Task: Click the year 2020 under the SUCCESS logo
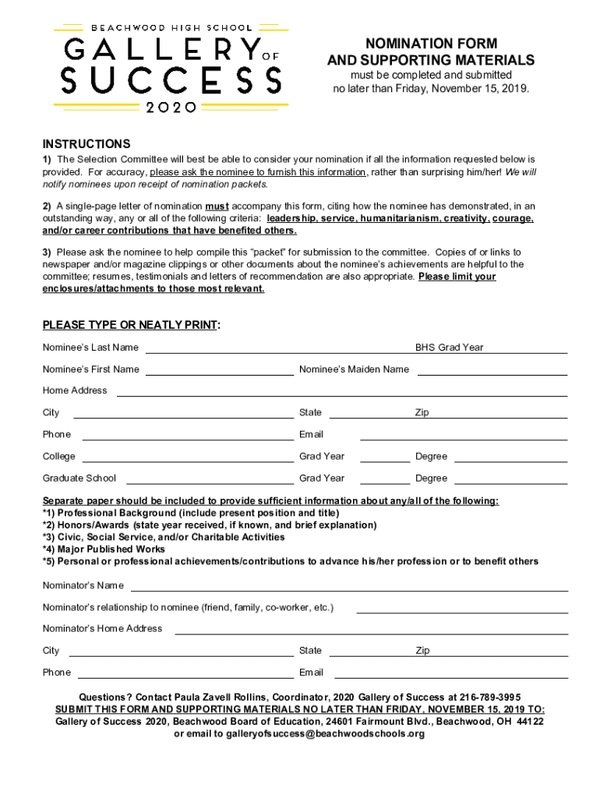pyautogui.click(x=171, y=108)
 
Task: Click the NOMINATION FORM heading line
pyautogui.click(x=431, y=44)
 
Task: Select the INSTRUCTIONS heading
pyautogui.click(x=86, y=144)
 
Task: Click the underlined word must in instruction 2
pyautogui.click(x=217, y=207)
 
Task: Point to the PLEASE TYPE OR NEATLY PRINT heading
pyautogui.click(x=131, y=325)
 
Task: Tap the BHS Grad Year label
pyautogui.click(x=449, y=348)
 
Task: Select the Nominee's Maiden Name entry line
pyautogui.click(x=492, y=374)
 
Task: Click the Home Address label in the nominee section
pyautogui.click(x=75, y=390)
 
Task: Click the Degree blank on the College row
pyautogui.click(x=510, y=461)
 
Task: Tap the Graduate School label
pyautogui.click(x=79, y=478)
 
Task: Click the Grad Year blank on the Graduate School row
pyautogui.click(x=385, y=483)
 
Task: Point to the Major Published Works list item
pyautogui.click(x=104, y=549)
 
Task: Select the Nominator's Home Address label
pyautogui.click(x=102, y=629)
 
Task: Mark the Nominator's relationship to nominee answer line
pyautogui.click(x=461, y=612)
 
